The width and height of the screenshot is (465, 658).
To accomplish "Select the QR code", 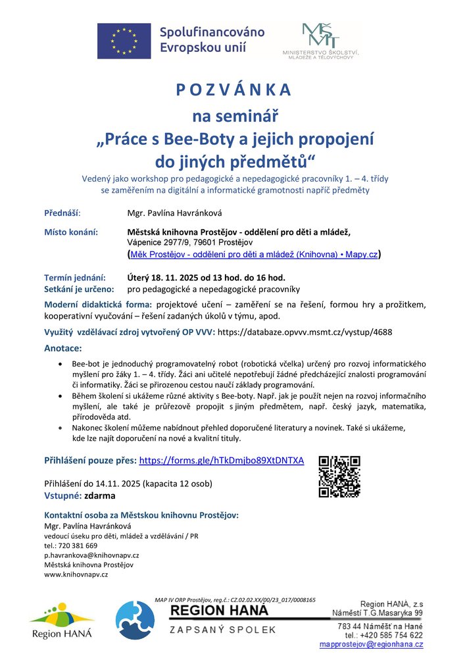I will [339, 476].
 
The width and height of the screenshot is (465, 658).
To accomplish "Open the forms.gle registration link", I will [222, 461].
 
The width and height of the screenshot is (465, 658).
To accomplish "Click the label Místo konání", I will [71, 232].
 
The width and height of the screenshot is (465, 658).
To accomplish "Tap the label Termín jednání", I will [74, 278].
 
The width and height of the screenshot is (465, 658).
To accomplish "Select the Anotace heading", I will [62, 347].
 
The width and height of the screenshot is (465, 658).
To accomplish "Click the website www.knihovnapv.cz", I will [76, 574].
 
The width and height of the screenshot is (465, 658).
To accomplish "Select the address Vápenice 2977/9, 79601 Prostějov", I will [191, 243].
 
